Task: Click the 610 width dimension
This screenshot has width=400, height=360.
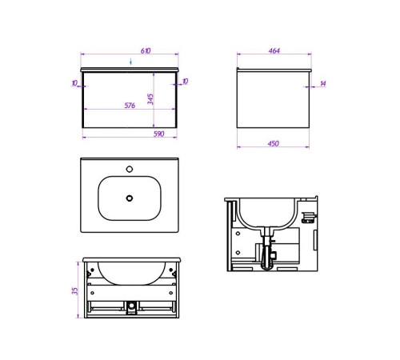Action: coord(146,50)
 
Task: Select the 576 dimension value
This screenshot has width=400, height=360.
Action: coord(130,106)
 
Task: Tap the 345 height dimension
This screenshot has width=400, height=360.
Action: coord(150,99)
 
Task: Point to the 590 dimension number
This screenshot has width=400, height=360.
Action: coord(158,134)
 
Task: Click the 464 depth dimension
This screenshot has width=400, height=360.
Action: coord(274,50)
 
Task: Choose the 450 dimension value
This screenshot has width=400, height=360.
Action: coord(274,143)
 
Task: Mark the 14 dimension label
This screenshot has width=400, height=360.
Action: coord(323,83)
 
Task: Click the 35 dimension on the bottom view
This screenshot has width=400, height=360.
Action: coord(75,290)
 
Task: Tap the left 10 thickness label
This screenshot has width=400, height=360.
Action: coord(74,83)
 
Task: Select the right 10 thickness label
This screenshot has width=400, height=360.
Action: coord(186,81)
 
